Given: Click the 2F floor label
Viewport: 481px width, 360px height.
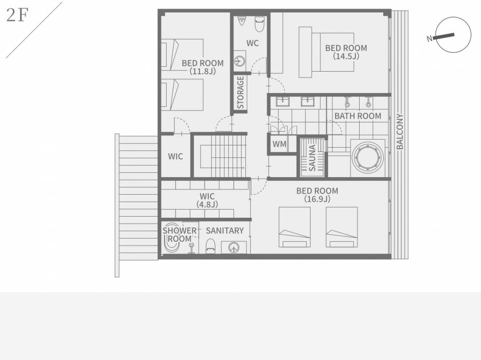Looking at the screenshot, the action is (x=18, y=15).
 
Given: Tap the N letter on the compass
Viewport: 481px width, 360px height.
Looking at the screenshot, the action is (x=430, y=39).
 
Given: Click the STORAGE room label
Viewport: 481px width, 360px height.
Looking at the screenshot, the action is (x=241, y=93).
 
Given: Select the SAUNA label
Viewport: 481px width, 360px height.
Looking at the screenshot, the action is (x=312, y=158).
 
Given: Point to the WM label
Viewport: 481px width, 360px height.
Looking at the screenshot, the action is (x=280, y=144).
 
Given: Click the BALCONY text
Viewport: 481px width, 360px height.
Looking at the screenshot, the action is (x=400, y=132).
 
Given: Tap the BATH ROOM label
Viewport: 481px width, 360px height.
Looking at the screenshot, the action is (x=358, y=116).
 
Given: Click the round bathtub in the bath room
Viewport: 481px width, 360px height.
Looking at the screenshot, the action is (x=368, y=158).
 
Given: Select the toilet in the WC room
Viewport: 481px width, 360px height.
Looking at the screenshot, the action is (x=260, y=24).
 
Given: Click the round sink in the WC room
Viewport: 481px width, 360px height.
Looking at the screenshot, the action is (x=239, y=62).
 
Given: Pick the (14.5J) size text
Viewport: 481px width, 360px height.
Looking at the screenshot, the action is (x=346, y=56).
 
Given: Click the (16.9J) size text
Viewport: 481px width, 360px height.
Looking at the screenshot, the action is (x=317, y=199).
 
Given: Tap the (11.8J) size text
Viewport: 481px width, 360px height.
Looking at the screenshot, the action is (x=203, y=71).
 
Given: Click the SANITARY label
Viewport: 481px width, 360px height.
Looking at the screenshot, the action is (x=225, y=231).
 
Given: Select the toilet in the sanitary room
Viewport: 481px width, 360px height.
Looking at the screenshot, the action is (x=210, y=246).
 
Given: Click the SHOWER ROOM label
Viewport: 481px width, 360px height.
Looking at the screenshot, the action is (x=180, y=234).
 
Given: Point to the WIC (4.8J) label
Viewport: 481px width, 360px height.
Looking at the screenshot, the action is (x=207, y=200).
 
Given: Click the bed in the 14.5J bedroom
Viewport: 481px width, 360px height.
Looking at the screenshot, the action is (x=327, y=52).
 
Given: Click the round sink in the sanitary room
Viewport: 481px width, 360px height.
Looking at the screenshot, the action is (x=234, y=248).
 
